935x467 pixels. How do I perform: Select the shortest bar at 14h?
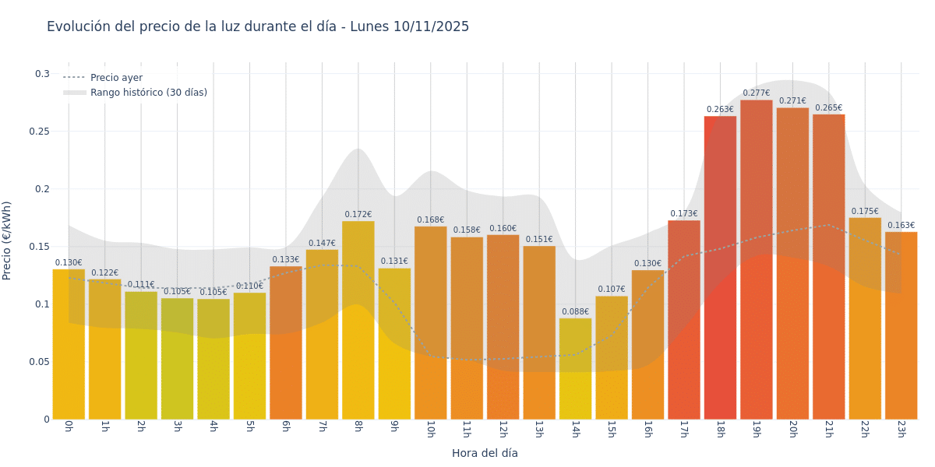click(x=575, y=370)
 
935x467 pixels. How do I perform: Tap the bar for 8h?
click(x=358, y=319)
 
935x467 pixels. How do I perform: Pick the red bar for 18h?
click(x=720, y=269)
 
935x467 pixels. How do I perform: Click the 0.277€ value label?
click(x=756, y=93)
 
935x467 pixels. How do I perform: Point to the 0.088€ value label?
click(x=575, y=312)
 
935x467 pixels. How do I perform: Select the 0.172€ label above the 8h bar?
click(x=358, y=215)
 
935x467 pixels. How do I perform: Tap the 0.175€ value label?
click(x=865, y=212)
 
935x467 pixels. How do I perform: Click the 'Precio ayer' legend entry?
click(x=116, y=78)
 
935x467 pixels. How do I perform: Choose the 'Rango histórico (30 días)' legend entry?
click(x=148, y=93)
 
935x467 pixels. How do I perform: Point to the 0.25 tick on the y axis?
click(x=40, y=132)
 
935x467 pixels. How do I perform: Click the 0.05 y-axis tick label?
click(x=40, y=362)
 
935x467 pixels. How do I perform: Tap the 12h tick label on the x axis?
click(x=503, y=429)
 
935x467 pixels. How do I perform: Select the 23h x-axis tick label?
click(x=901, y=429)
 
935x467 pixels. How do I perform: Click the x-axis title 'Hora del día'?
click(x=485, y=453)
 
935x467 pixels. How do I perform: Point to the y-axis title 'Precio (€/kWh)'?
click(x=7, y=241)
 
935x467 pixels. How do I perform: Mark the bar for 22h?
click(x=865, y=319)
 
